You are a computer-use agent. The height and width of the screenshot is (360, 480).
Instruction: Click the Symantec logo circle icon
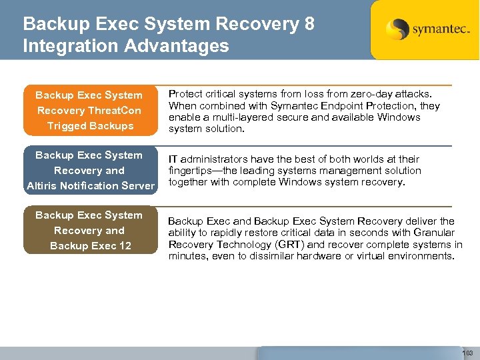click(x=398, y=29)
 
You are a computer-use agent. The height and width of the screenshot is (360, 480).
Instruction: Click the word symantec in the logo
click(x=436, y=31)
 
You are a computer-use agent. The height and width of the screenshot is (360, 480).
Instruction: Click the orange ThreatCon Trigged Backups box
click(x=90, y=110)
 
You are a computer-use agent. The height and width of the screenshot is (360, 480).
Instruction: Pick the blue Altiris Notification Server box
click(x=90, y=170)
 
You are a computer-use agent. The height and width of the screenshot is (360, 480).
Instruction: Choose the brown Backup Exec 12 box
click(x=90, y=230)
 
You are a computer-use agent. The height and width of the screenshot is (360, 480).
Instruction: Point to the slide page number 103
click(x=467, y=353)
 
